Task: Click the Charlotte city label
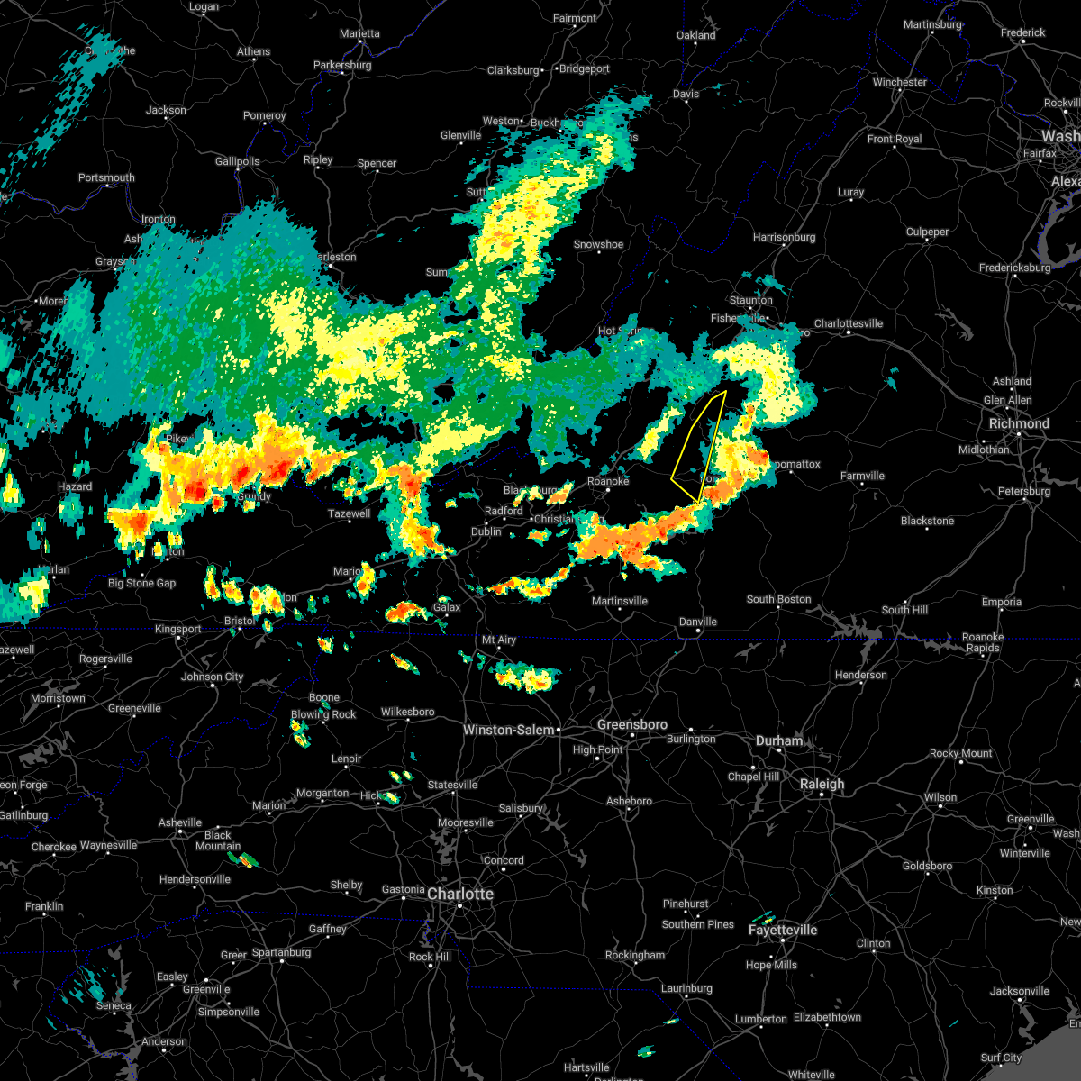[x=460, y=894]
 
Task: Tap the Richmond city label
[x=1019, y=423]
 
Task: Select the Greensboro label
[x=632, y=724]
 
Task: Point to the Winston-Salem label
[x=508, y=730]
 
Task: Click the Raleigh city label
[x=822, y=784]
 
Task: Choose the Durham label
[x=779, y=740]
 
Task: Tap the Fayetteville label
[x=783, y=930]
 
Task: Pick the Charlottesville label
[x=849, y=323]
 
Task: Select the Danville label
[x=697, y=622]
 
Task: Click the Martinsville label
[x=620, y=601]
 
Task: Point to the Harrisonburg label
[x=784, y=237]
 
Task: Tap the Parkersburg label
[x=342, y=65]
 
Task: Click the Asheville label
[x=180, y=822]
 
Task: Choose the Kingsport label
[x=178, y=629]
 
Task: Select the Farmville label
[x=862, y=476]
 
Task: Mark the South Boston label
[x=778, y=599]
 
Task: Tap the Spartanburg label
[x=281, y=952]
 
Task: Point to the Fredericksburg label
[x=1014, y=268]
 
